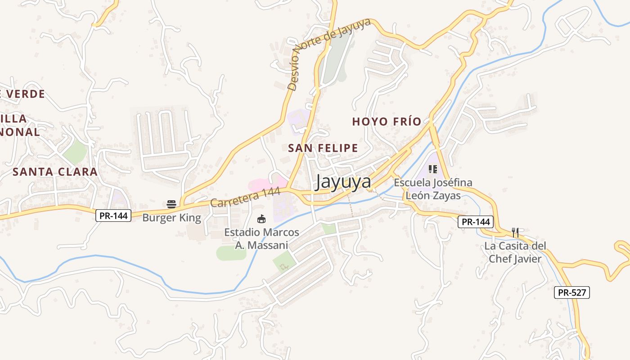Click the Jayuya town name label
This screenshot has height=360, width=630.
[343, 182]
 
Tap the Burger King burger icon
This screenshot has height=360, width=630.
[171, 204]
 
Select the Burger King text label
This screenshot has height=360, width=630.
[171, 218]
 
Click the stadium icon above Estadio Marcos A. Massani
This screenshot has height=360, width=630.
[261, 219]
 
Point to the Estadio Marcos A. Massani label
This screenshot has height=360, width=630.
[261, 239]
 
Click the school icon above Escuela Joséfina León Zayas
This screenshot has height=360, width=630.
[432, 169]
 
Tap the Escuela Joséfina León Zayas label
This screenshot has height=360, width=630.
[433, 189]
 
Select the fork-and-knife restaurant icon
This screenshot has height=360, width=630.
[515, 233]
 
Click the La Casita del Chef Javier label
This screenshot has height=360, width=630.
[515, 252]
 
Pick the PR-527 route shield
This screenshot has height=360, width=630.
[571, 292]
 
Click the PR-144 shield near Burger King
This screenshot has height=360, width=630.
[113, 216]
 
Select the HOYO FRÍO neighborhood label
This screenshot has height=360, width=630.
[387, 121]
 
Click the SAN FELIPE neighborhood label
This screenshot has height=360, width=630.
[323, 148]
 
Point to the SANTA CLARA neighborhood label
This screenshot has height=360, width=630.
[55, 171]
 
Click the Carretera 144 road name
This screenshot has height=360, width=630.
[245, 198]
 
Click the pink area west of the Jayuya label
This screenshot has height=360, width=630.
[265, 184]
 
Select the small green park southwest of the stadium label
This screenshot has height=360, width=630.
[231, 253]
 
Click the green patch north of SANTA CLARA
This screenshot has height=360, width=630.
[76, 152]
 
